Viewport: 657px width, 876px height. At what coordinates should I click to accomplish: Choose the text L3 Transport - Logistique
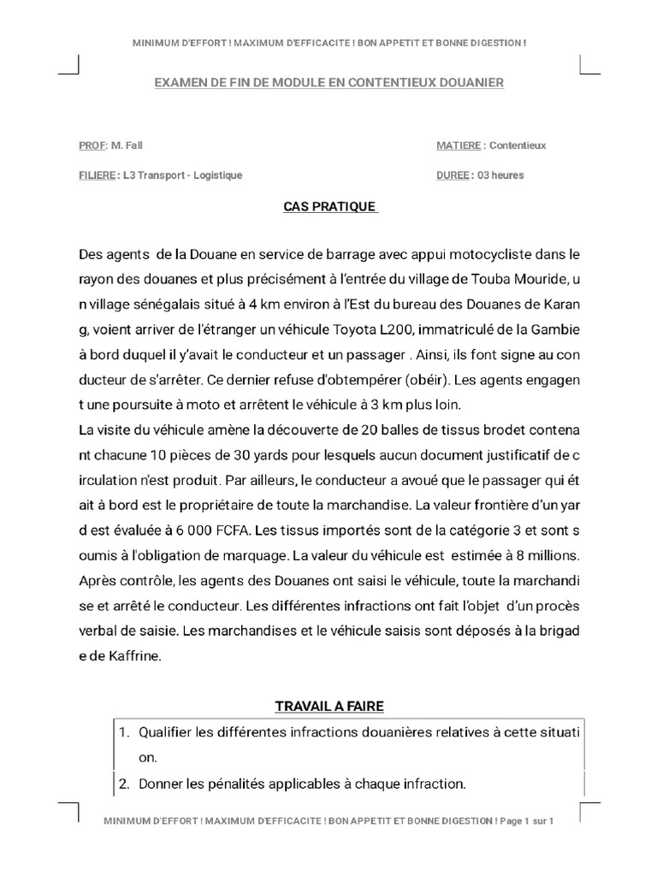182,175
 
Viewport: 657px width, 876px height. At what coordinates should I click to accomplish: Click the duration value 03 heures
500,175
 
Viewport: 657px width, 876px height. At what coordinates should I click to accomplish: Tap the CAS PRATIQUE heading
329,207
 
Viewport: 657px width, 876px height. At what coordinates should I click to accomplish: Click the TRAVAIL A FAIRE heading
329,706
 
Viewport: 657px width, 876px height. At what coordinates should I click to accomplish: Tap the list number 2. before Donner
124,783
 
